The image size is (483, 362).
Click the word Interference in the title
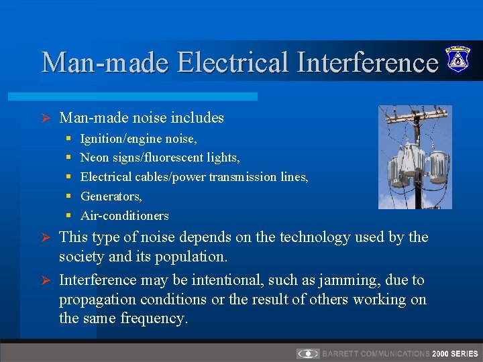(362, 62)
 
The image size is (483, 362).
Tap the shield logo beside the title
(458, 59)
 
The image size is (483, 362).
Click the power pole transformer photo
(415, 157)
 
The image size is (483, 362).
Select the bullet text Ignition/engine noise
(138, 139)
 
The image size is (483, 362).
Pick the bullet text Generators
(111, 196)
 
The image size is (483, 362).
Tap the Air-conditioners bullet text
(124, 216)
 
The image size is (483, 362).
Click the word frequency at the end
(154, 318)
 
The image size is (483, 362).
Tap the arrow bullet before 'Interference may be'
(47, 280)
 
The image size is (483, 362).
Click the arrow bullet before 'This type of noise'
(47, 237)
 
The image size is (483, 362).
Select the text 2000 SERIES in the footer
(455, 353)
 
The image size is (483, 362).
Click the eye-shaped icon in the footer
(308, 353)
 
